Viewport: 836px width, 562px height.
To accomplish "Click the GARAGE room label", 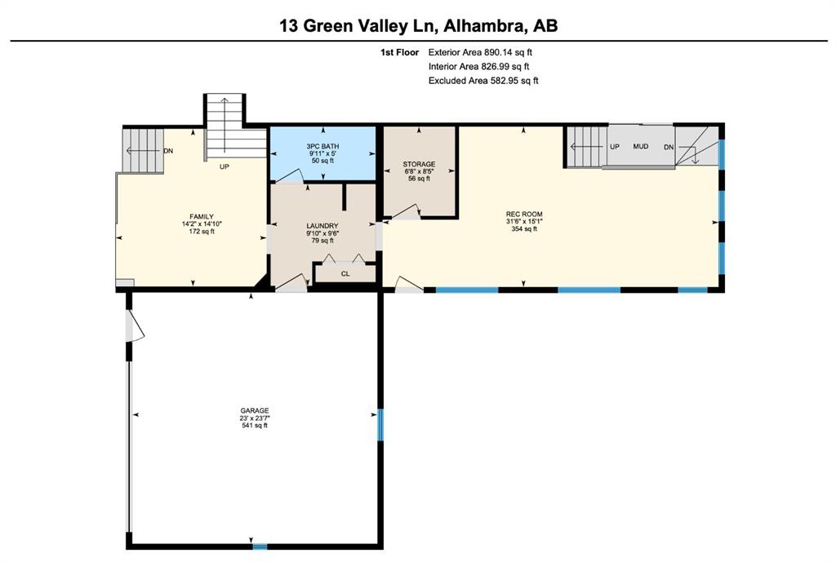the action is tap(255, 411).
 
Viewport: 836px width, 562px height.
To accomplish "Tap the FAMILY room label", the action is tap(202, 217).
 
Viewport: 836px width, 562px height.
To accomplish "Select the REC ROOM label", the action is tap(524, 215).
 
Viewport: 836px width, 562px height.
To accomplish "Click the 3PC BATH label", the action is tap(322, 146).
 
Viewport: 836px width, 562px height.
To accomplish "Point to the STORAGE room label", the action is tap(419, 164).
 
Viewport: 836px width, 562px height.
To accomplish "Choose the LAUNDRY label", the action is tap(322, 226).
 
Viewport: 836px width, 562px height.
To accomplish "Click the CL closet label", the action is tap(345, 274).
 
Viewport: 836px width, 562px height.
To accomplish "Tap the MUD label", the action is tap(640, 146).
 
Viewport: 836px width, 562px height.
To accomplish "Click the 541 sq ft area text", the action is tap(255, 425).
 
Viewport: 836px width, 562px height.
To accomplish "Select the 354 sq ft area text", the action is tap(524, 228).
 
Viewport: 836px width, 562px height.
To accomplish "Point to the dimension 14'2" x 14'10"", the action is tap(202, 224).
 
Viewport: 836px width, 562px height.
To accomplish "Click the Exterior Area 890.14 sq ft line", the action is tap(480, 52).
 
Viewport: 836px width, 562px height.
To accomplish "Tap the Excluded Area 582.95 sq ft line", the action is tap(483, 81).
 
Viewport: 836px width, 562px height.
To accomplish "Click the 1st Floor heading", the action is tap(399, 52).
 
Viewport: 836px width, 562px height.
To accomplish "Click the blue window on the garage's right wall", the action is tap(380, 425).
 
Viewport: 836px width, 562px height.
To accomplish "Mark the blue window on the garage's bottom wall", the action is tap(260, 546).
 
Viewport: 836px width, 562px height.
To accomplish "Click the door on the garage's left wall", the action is tap(135, 326).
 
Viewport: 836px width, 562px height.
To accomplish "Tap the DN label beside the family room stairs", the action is tap(168, 151).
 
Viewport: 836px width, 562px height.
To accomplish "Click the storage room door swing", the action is tap(407, 211).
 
